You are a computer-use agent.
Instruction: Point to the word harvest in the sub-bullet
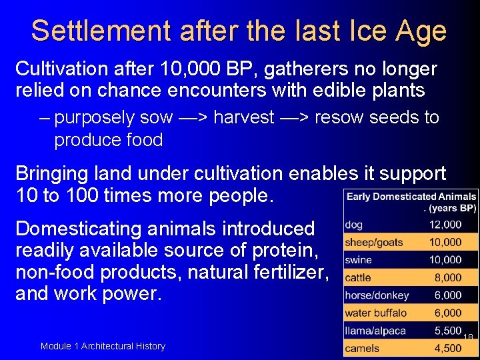tap(244, 118)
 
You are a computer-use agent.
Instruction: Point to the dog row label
tap(354, 225)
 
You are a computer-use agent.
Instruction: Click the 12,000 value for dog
tap(445, 225)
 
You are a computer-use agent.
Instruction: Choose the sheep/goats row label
tap(373, 243)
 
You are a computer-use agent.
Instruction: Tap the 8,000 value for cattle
tap(448, 277)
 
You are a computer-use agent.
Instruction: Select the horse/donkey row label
tap(377, 295)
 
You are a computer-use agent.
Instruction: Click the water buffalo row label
tap(375, 313)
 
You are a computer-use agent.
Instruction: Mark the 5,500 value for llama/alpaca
tap(447, 330)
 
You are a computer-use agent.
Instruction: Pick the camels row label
tap(362, 348)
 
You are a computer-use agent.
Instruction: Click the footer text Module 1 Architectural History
tap(103, 346)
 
